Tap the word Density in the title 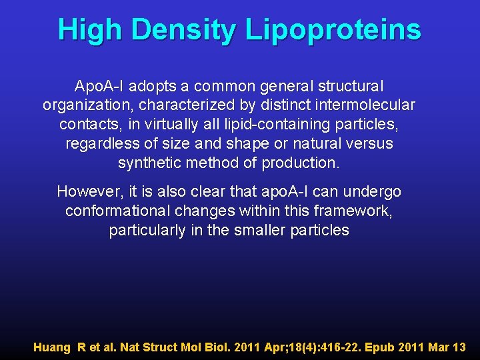184,30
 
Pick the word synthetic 150,163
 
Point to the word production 301,163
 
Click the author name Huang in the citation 53,347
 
